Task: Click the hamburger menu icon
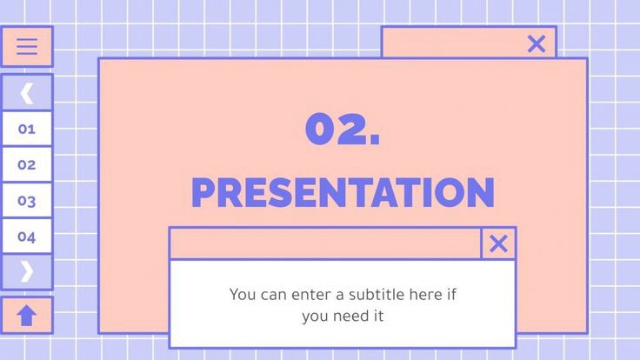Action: pos(27,47)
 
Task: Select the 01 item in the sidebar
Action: pos(27,129)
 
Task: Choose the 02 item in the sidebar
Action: pos(27,164)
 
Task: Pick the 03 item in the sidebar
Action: pos(27,201)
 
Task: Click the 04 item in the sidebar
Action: pos(27,237)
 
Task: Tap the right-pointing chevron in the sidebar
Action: pos(27,271)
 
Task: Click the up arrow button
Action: pos(27,315)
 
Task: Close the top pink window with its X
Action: pos(537,43)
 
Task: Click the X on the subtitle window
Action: pos(498,243)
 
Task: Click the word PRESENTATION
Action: pos(342,193)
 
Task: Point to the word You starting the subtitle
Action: pos(243,294)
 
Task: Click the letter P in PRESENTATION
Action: pos(203,193)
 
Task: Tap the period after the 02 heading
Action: pos(374,142)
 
